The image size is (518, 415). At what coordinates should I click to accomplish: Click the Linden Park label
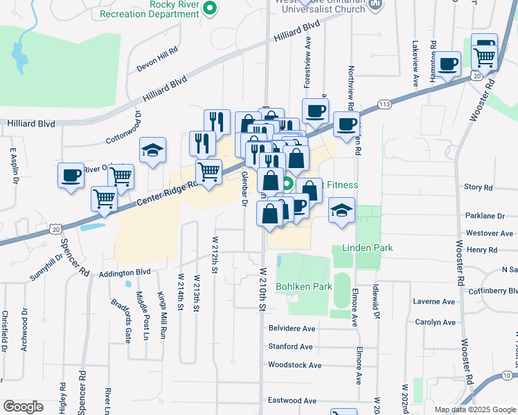tap(366, 248)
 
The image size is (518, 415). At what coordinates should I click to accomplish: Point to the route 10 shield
tap(507, 375)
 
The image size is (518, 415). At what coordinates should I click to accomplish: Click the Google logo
tap(23, 407)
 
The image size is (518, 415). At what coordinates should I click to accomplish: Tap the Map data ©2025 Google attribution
tap(474, 409)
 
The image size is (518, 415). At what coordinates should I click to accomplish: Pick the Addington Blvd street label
tap(125, 273)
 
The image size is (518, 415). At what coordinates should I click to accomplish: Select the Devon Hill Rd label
tap(157, 50)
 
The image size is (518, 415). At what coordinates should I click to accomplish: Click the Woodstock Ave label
tap(294, 365)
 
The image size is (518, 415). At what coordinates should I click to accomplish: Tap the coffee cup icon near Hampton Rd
tap(449, 64)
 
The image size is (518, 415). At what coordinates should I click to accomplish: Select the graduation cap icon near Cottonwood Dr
tap(152, 150)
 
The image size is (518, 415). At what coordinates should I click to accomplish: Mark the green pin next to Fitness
tap(287, 185)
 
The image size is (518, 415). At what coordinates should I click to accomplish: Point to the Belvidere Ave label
tap(292, 329)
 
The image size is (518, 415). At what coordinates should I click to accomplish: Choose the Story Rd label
tap(478, 187)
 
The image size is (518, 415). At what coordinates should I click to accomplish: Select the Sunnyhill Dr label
tap(46, 268)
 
